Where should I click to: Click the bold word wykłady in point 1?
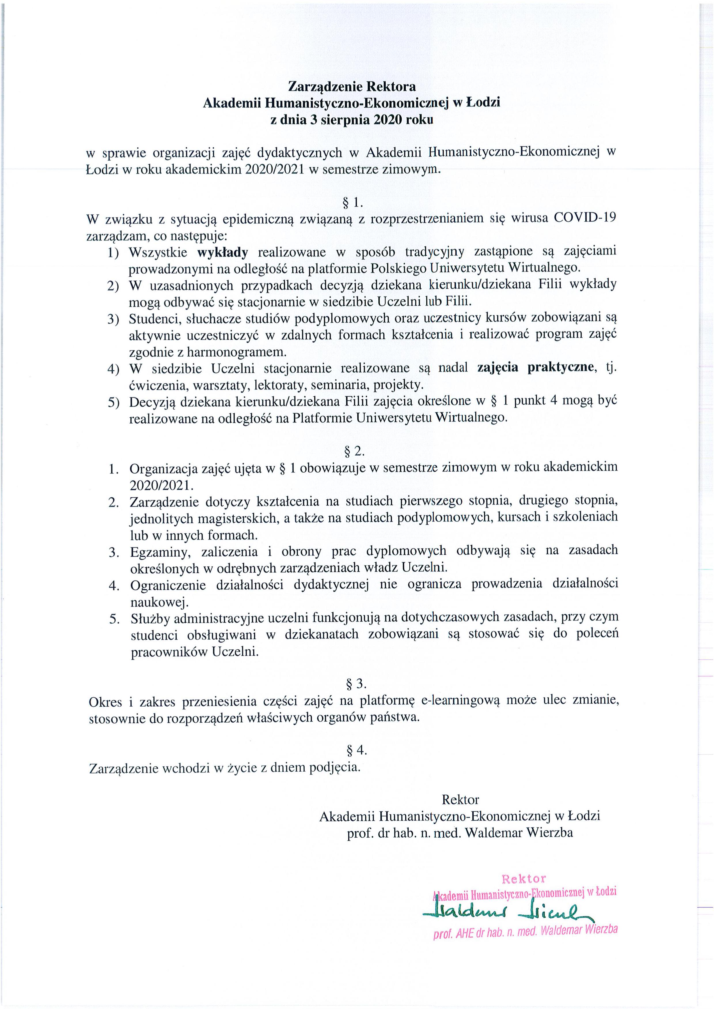222,252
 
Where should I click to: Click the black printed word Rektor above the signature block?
460,799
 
